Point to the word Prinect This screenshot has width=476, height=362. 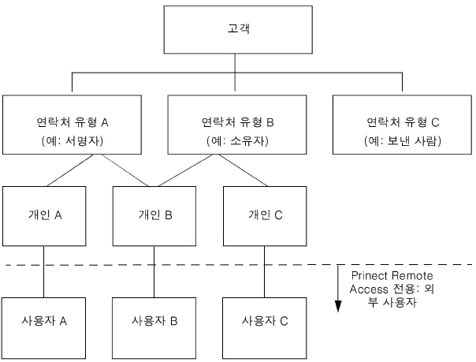370,275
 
